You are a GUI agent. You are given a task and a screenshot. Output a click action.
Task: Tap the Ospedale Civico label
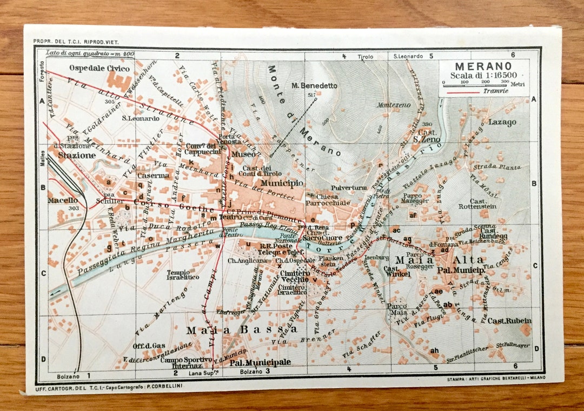coord(99,69)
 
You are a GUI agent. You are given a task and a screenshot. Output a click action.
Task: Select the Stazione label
coord(77,155)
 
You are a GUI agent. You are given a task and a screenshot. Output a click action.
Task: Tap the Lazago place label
coord(502,122)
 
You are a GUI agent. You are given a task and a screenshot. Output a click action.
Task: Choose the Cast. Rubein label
coord(509,320)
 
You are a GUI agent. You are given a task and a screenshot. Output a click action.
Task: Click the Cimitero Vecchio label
coord(295,277)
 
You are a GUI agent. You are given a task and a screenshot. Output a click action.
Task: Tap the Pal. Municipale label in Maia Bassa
coord(260,362)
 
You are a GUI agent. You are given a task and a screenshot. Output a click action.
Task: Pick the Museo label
coord(242,154)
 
